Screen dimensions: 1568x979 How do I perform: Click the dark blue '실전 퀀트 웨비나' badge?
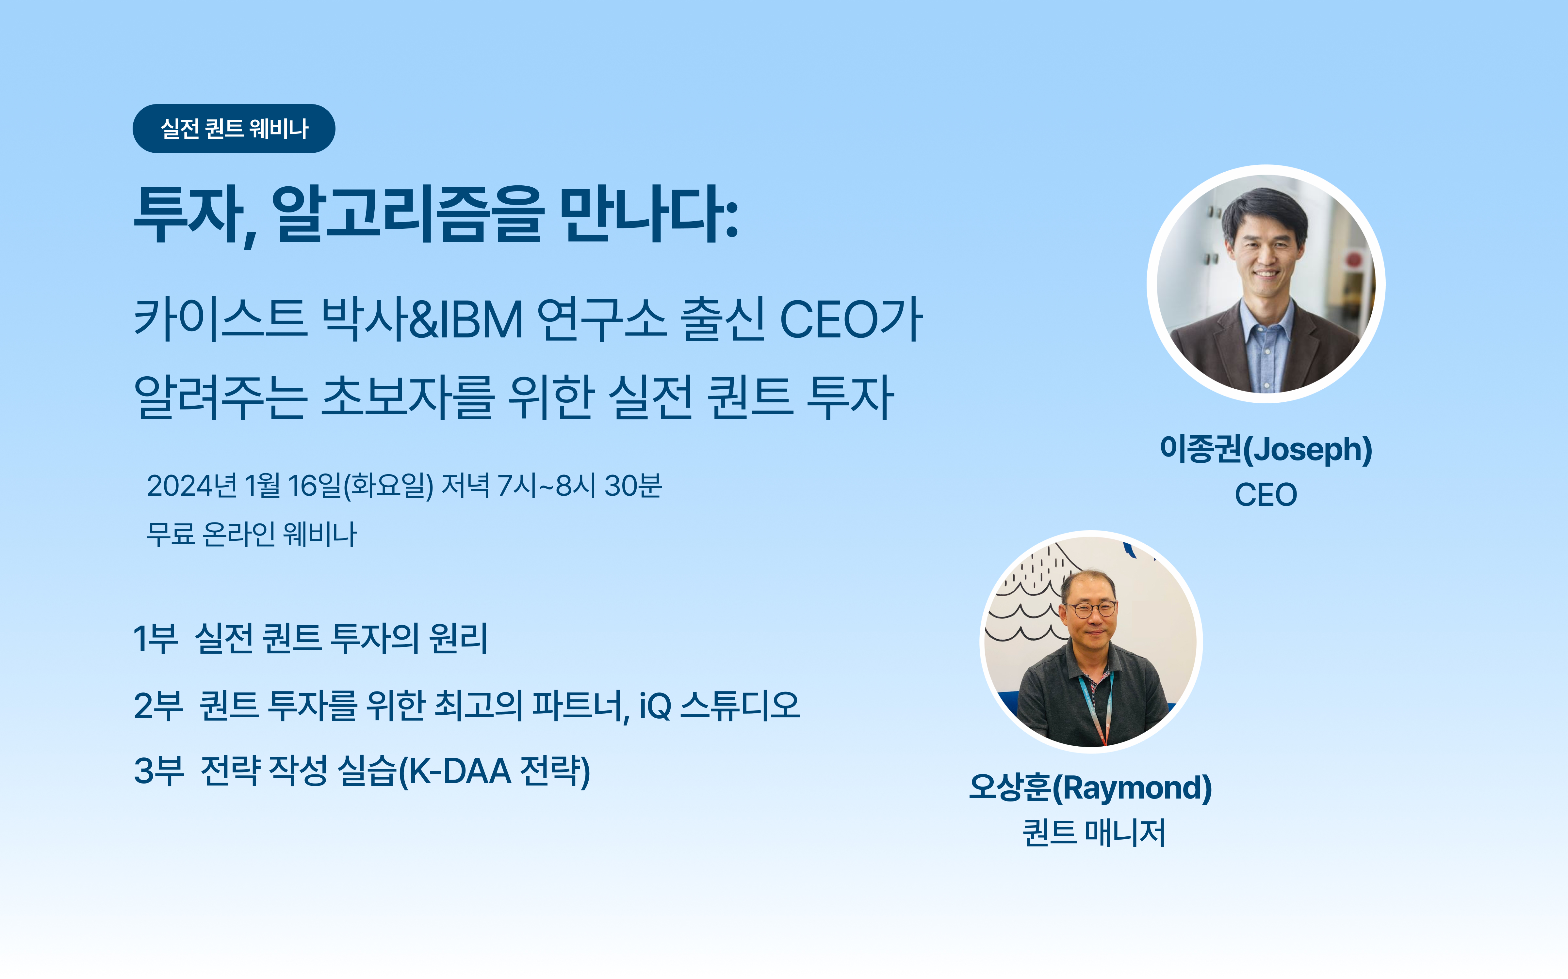pos(234,128)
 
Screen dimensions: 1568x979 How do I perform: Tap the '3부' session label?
pos(159,771)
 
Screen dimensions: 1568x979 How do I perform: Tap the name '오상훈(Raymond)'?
pos(1090,788)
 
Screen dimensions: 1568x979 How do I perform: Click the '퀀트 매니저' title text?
pos(1094,833)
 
